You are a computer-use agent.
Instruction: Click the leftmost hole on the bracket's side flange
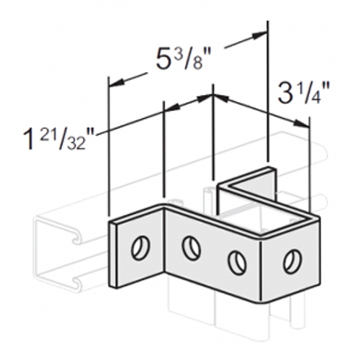click(137, 248)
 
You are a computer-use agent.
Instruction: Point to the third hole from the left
click(237, 261)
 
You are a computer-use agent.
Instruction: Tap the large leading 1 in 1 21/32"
click(29, 138)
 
